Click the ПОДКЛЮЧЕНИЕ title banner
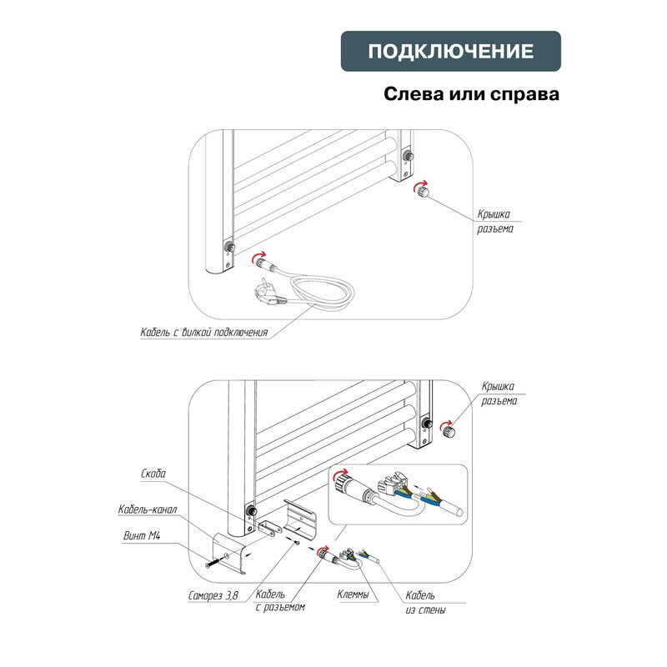pyautogui.click(x=451, y=51)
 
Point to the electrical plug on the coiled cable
pyautogui.click(x=272, y=294)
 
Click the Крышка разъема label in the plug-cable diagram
pyautogui.click(x=495, y=221)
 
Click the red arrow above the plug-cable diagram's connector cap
pyautogui.click(x=422, y=181)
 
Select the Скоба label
pyautogui.click(x=154, y=474)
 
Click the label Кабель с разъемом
pyautogui.click(x=279, y=600)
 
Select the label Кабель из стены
pyautogui.click(x=424, y=603)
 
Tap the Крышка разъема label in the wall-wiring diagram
pyautogui.click(x=499, y=394)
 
